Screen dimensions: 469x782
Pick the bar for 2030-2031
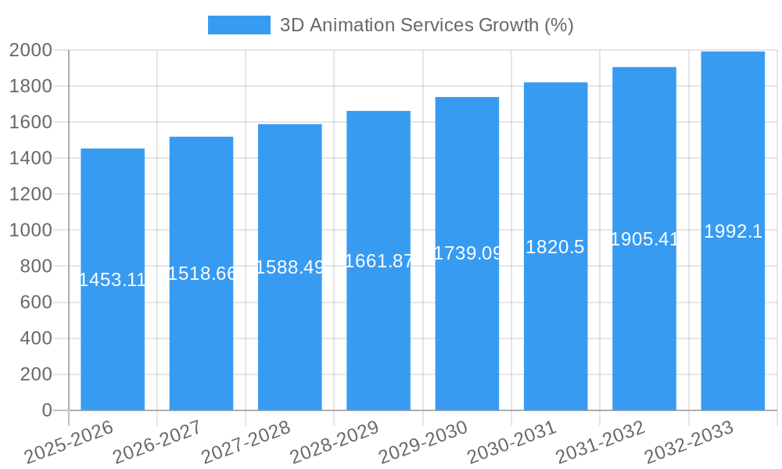point(555,328)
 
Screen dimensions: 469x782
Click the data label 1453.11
point(113,280)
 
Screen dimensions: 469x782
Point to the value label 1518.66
point(202,274)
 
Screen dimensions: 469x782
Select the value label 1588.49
point(290,267)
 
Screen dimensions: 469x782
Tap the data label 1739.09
point(467,253)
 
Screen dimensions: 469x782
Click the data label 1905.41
point(644,239)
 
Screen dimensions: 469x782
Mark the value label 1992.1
point(733,231)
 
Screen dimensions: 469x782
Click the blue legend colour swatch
point(239,25)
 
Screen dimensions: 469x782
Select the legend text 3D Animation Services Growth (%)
point(427,25)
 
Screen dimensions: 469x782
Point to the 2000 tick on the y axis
point(30,50)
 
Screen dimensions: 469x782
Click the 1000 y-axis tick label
point(30,231)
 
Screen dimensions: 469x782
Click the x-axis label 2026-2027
point(156,442)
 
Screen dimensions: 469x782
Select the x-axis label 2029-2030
point(422,442)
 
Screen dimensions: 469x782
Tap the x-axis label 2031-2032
point(600,442)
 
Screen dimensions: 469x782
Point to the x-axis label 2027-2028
point(246,442)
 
